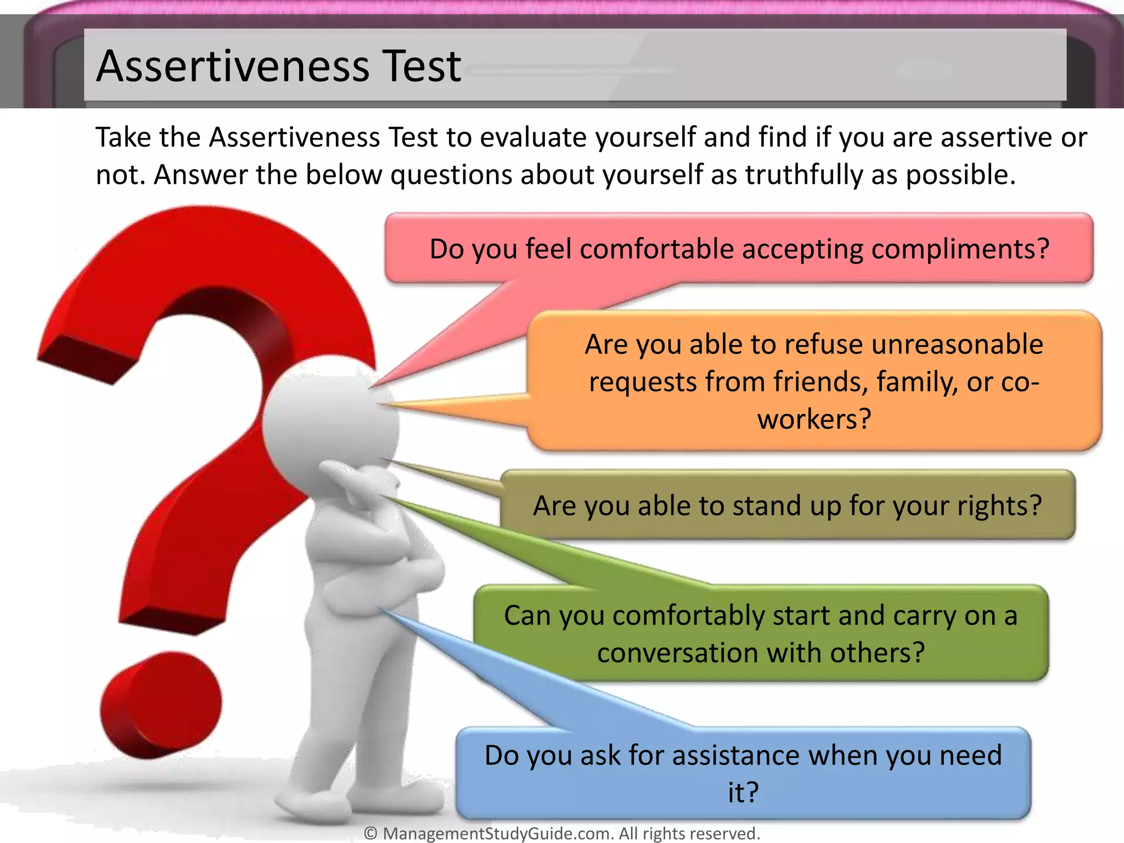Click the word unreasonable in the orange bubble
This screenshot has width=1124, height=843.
click(957, 345)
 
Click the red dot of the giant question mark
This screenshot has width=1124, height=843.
click(160, 705)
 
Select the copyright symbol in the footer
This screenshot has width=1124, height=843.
click(371, 833)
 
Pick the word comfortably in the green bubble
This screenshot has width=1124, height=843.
click(688, 616)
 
